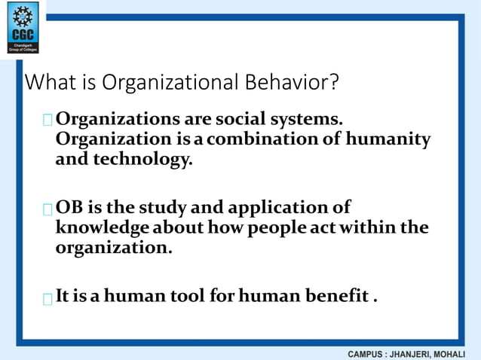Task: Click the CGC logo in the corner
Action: (x=23, y=28)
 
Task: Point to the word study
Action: (x=173, y=207)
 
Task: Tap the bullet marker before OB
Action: (x=48, y=209)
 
